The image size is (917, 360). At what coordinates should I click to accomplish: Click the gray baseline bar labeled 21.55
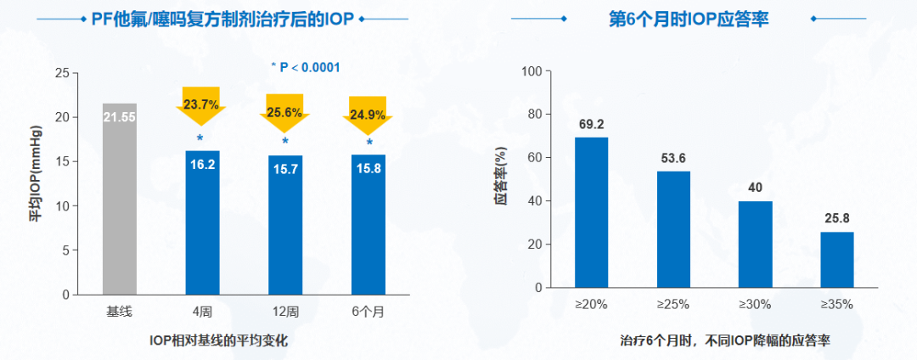[x=120, y=200]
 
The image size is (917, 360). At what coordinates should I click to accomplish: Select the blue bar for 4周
[x=202, y=222]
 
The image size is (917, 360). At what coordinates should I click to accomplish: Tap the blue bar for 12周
[x=285, y=225]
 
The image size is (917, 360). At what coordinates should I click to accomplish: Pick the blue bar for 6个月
[x=368, y=224]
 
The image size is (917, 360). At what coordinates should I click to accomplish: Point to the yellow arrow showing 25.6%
[x=285, y=111]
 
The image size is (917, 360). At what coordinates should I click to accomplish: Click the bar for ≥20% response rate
[x=592, y=212]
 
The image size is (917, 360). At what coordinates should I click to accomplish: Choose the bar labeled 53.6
[x=673, y=229]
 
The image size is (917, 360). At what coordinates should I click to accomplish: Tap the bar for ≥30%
[x=755, y=245]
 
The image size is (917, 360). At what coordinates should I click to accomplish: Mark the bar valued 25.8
[x=837, y=260]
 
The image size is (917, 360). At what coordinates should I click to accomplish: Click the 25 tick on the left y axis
[x=61, y=73]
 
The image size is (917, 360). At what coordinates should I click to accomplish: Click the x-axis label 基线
[x=120, y=312]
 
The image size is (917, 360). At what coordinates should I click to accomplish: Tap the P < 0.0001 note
[x=305, y=67]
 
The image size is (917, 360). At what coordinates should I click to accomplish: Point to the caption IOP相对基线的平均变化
[x=225, y=340]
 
